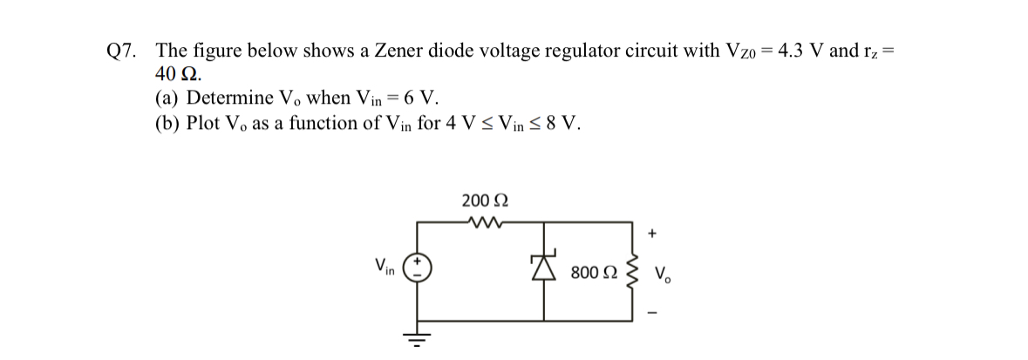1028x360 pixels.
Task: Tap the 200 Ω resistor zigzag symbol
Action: pos(481,221)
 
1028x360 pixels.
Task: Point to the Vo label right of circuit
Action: pos(663,273)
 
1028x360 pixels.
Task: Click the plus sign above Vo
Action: pos(652,234)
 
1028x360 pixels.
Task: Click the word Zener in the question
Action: pos(398,51)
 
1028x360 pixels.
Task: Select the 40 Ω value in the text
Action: pos(176,73)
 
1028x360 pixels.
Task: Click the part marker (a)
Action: pos(169,97)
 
